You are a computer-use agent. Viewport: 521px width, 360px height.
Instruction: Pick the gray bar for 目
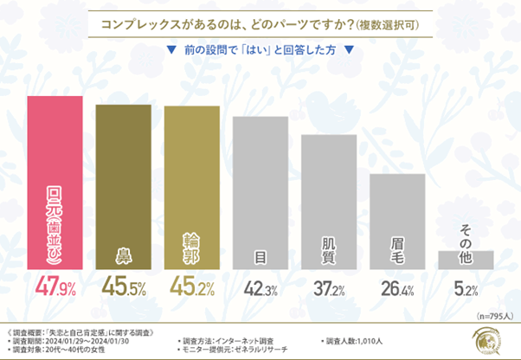[x=260, y=191]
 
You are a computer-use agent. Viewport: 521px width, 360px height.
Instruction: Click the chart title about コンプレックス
[x=260, y=24]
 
